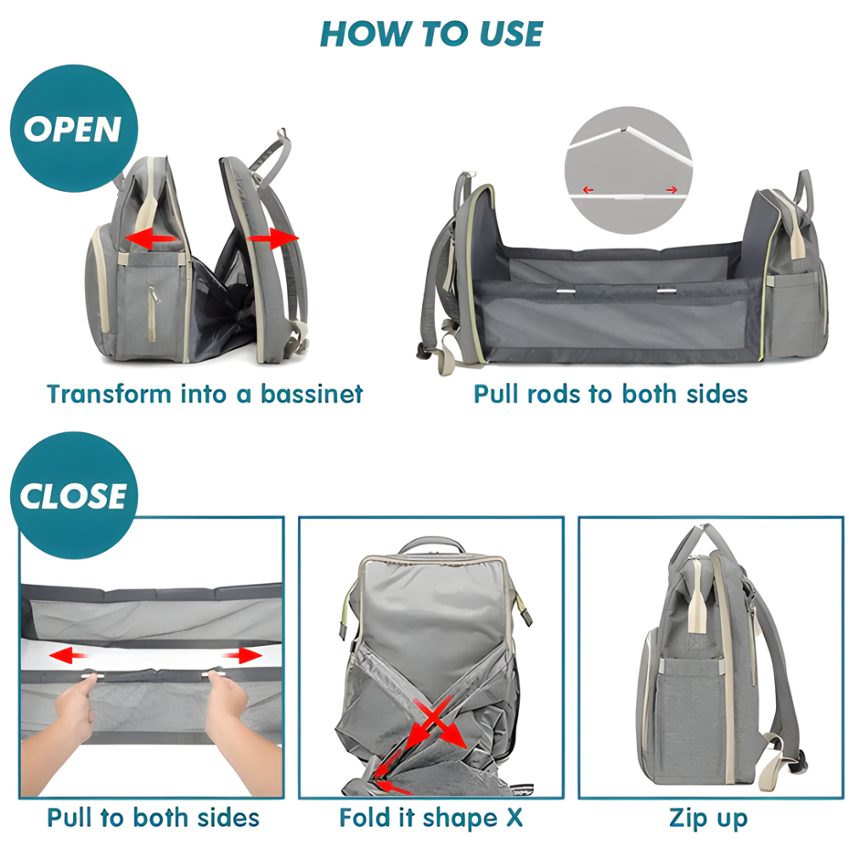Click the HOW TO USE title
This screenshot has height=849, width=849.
coord(431,34)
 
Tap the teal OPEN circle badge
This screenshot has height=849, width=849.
coord(72,129)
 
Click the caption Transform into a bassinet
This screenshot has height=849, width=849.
coord(205,394)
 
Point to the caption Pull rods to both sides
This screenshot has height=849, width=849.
coord(610,394)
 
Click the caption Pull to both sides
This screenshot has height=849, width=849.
coord(153,818)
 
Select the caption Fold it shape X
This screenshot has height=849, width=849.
coord(431,818)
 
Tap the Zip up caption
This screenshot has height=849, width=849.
coord(708,818)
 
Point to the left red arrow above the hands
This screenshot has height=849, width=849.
coord(69,655)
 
